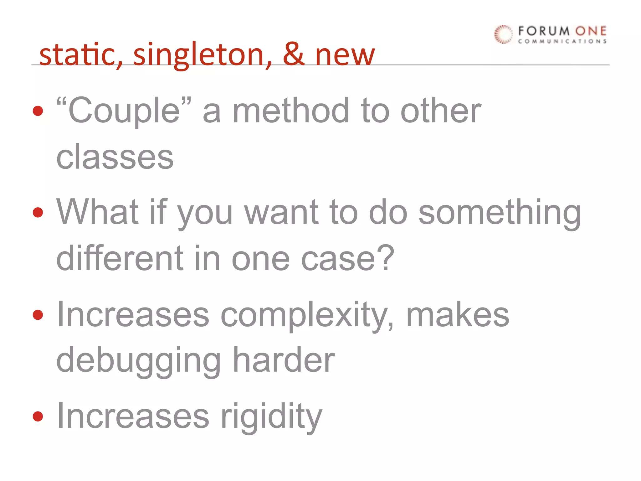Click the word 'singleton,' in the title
tap(202, 55)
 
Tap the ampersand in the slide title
tap(294, 54)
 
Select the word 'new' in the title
tap(345, 56)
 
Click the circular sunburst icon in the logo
tap(503, 34)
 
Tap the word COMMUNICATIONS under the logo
tap(562, 41)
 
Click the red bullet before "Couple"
tap(38, 111)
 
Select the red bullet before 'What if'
tap(38, 213)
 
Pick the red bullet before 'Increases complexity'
tap(38, 315)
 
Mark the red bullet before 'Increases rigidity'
tap(38, 416)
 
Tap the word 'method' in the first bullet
tap(291, 110)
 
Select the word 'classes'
tap(115, 157)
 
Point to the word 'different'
tap(120, 258)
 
